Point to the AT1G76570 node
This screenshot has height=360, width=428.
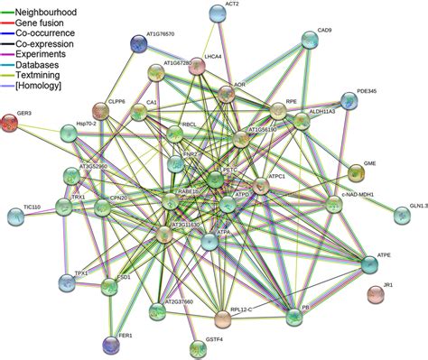click(x=137, y=42)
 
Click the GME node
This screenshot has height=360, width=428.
click(x=357, y=171)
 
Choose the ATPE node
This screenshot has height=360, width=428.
click(x=370, y=263)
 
